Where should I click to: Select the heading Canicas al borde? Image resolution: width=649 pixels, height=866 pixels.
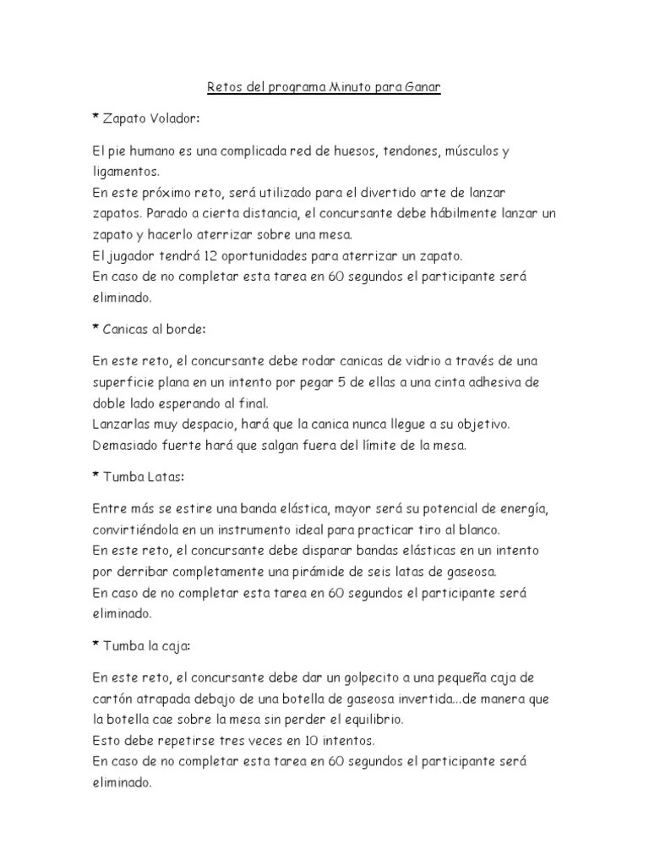(153, 327)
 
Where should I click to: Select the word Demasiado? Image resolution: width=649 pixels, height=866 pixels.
(131, 444)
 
